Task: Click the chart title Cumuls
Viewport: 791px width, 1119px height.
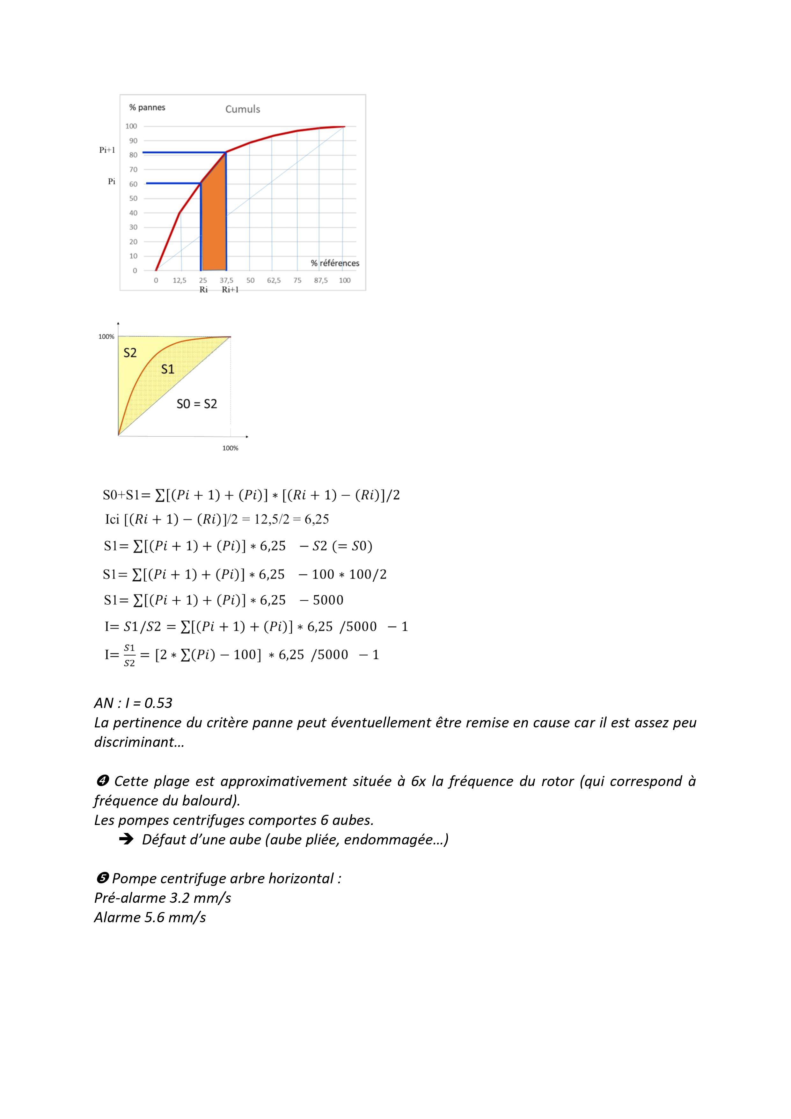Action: [242, 109]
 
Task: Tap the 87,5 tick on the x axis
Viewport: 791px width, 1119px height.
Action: [321, 280]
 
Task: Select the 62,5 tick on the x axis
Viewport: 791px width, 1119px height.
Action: [274, 280]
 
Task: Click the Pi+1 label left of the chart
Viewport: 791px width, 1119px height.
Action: [107, 150]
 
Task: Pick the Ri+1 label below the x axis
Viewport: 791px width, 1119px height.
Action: [230, 290]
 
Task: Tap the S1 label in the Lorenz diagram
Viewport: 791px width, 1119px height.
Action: [168, 369]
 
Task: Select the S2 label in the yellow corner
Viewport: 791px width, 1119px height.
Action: [130, 353]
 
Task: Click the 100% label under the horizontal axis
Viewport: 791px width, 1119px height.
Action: [230, 448]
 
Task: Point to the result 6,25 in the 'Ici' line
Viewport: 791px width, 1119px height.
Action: [317, 519]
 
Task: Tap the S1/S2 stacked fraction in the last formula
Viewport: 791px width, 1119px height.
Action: [129, 655]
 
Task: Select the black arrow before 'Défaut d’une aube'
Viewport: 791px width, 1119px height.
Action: [126, 839]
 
